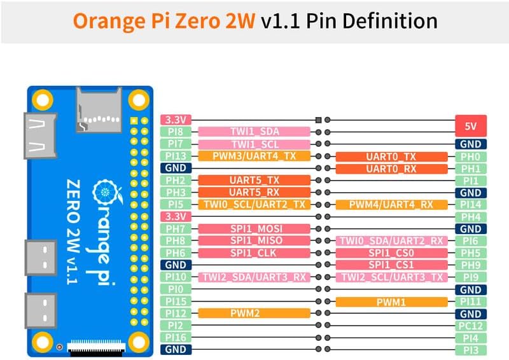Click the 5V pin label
click(x=471, y=125)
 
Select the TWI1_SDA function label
click(x=254, y=132)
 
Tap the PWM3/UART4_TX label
click(x=254, y=156)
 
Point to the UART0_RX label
click(x=391, y=169)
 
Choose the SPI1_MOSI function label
click(x=254, y=228)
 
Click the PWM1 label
click(x=391, y=301)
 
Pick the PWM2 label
click(x=254, y=313)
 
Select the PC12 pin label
click(x=471, y=325)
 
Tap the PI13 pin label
click(x=175, y=156)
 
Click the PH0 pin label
click(x=471, y=156)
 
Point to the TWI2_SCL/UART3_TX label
click(x=391, y=277)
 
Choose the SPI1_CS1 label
click(x=391, y=265)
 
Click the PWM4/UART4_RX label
click(x=391, y=205)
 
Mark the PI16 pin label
click(x=175, y=337)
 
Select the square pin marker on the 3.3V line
click(x=319, y=120)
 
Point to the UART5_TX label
click(x=254, y=180)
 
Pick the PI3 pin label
click(x=471, y=349)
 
